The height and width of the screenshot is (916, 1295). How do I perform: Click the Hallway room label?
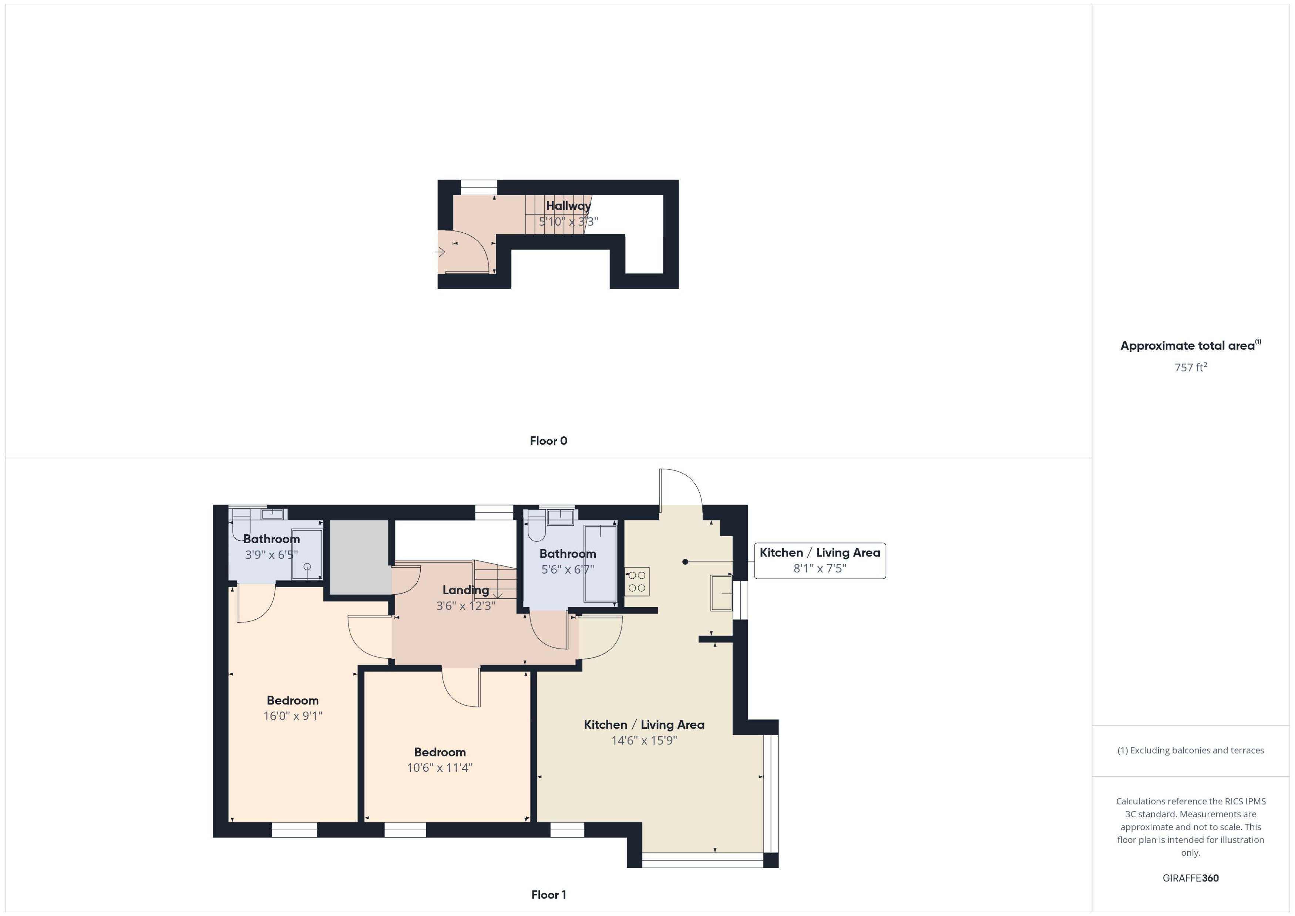568,206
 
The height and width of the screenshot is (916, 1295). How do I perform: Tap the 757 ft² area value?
1190,368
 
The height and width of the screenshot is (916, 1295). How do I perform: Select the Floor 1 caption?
548,895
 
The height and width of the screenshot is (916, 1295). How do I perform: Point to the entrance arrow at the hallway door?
440,251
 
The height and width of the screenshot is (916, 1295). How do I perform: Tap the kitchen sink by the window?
720,593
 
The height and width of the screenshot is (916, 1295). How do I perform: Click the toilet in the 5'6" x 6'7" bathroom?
536,530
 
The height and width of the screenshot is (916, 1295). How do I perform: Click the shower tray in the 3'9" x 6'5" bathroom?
306,554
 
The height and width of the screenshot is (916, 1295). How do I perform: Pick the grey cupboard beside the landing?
359,557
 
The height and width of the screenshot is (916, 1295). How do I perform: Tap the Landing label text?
465,590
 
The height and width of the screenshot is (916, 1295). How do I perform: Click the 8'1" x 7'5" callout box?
819,561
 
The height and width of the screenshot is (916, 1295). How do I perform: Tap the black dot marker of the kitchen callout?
685,562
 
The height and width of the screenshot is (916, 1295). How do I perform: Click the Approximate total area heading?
1188,346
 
